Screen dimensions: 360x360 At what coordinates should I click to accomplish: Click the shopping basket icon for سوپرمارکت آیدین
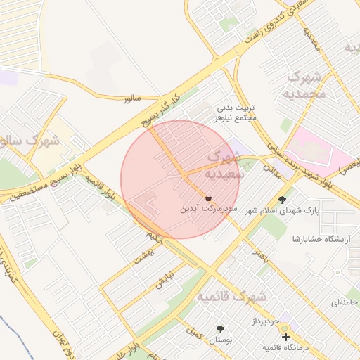pyautogui.click(x=209, y=198)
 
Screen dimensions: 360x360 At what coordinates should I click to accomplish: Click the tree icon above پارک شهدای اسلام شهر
pyautogui.click(x=283, y=200)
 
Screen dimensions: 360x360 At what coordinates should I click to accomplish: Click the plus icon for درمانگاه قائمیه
pyautogui.click(x=285, y=337)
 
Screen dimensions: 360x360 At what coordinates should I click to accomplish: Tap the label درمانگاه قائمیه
pyautogui.click(x=286, y=348)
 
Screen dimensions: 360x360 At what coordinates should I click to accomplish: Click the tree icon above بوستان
pyautogui.click(x=221, y=329)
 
